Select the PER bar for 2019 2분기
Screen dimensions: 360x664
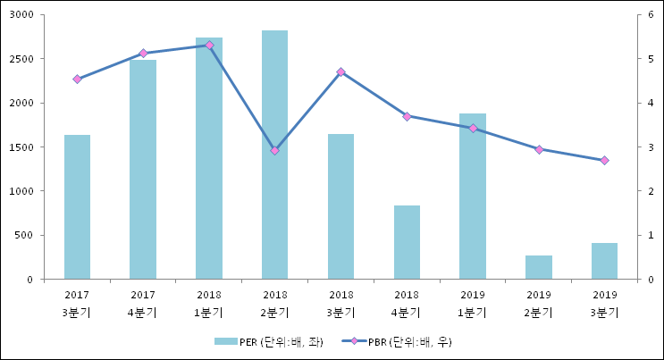[539, 267]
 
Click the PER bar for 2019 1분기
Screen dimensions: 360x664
[473, 197]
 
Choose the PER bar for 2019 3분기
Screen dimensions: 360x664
[604, 261]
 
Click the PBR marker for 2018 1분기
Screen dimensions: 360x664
[209, 45]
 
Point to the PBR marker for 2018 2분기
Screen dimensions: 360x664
[274, 150]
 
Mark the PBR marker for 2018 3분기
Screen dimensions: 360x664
[340, 71]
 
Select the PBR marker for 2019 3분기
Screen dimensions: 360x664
[604, 160]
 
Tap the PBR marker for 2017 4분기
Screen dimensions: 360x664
[143, 54]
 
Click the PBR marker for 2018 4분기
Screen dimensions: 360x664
[407, 116]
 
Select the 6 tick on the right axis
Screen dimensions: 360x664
[651, 15]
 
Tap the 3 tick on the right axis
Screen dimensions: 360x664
[651, 147]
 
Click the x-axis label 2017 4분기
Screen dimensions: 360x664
[143, 303]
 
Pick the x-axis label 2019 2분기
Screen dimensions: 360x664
[539, 303]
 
